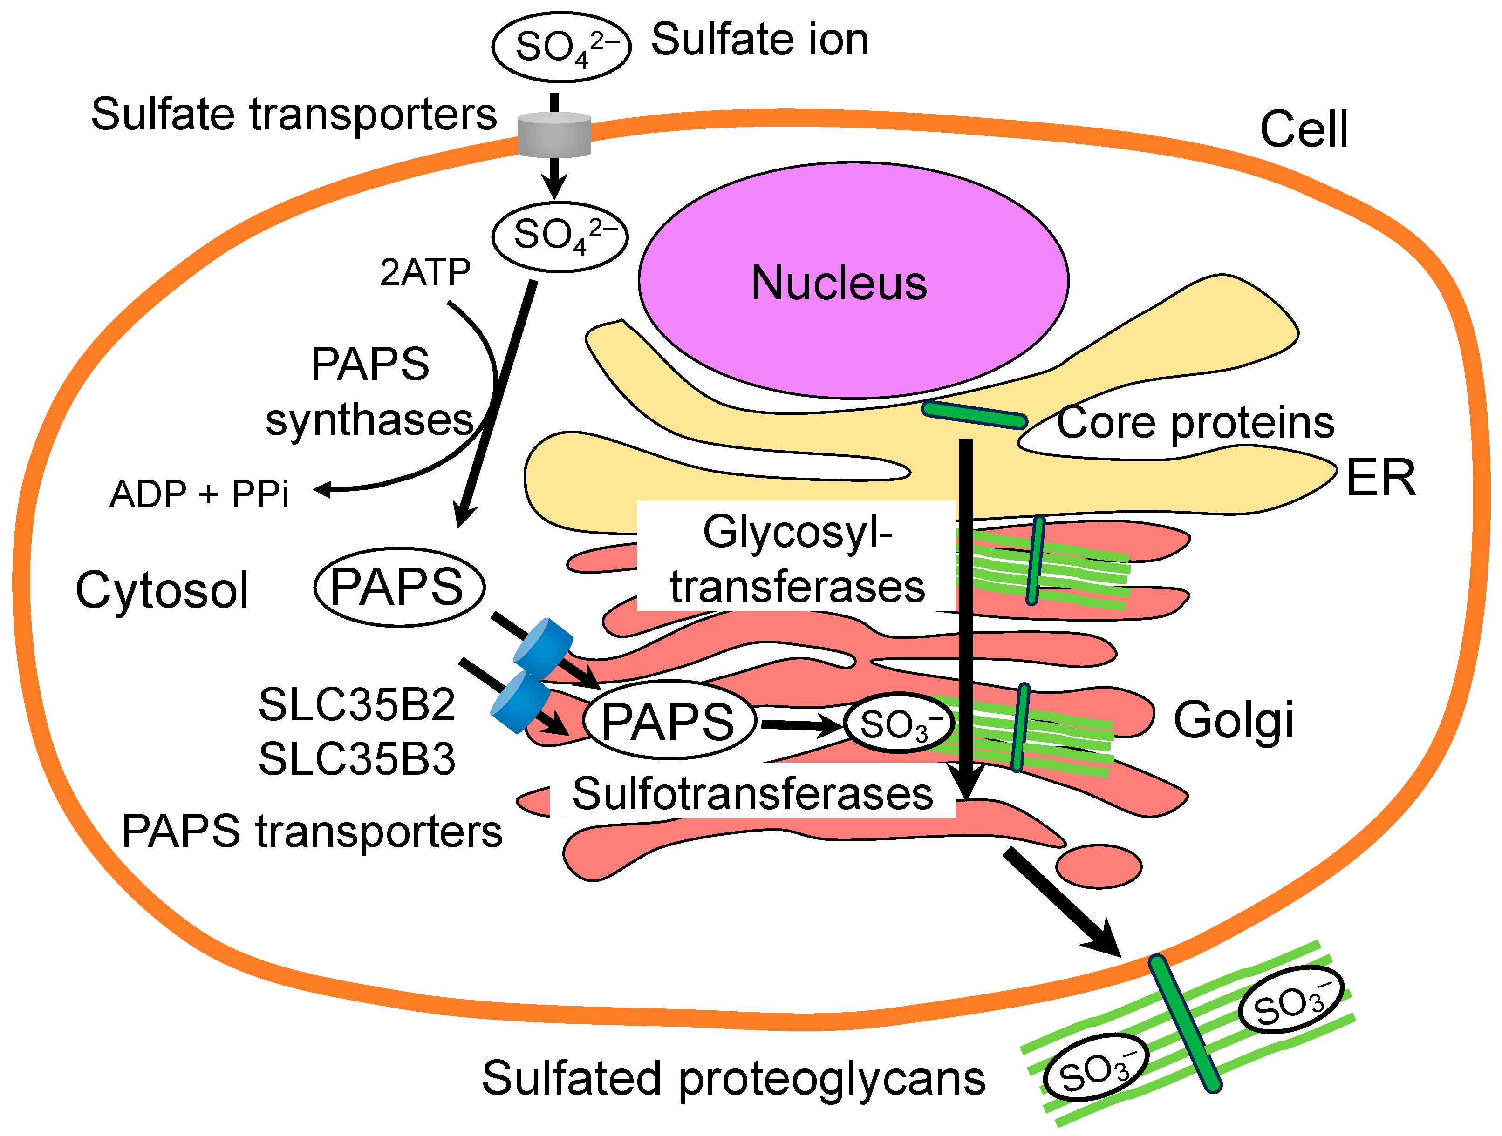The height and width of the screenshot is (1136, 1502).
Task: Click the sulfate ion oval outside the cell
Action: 561,47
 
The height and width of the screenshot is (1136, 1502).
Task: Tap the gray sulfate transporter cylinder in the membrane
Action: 554,135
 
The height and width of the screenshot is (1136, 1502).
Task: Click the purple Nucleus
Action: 853,280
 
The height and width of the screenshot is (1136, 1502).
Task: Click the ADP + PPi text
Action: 199,494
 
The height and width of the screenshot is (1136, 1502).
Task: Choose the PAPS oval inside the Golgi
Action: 669,720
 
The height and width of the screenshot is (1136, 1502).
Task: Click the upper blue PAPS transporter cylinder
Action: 544,645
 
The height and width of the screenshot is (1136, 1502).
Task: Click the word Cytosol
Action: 162,590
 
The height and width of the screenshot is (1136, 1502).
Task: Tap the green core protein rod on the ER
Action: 974,415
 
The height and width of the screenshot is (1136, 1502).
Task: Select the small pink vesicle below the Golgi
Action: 1098,866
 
